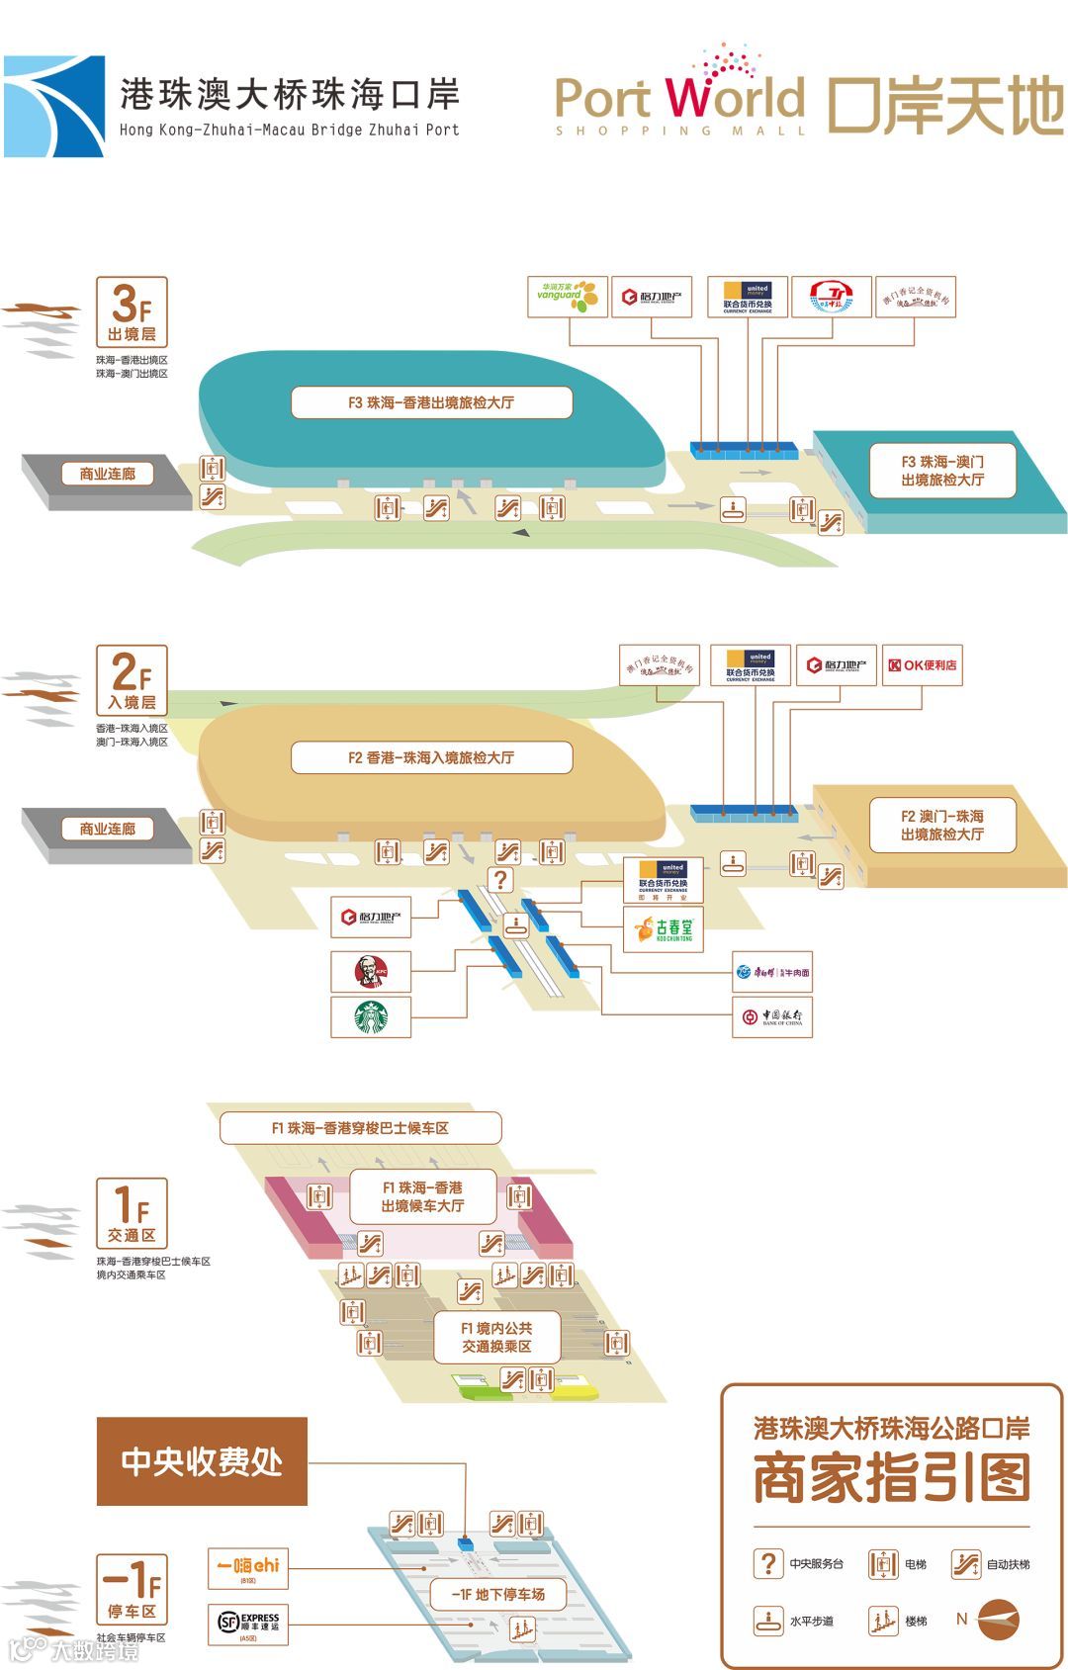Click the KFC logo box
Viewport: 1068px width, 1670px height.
point(371,972)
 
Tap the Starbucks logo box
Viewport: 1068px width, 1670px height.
point(371,1016)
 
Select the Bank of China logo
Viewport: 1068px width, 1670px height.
point(772,1016)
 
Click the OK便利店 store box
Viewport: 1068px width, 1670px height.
point(922,665)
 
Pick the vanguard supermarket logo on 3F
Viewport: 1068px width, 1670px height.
point(567,296)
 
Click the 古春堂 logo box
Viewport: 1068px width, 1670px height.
point(664,929)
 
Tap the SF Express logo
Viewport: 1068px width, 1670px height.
point(248,1624)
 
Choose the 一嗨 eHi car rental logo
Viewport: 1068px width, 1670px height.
point(248,1568)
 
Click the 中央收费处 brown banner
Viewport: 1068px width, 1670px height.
point(202,1460)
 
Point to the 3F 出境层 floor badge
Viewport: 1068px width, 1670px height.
point(132,311)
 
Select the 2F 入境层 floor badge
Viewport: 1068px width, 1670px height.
point(132,680)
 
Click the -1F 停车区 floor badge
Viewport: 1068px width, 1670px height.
point(132,1588)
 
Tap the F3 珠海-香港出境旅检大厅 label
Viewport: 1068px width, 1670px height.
point(431,402)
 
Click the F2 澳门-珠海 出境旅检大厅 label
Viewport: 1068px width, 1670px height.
point(942,826)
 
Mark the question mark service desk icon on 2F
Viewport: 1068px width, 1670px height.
point(501,879)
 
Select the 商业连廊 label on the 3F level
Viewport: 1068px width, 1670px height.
point(108,474)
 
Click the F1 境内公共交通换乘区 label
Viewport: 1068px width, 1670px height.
point(496,1337)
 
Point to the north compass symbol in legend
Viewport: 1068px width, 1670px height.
point(998,1620)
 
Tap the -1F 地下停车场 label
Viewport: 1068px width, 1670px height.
point(498,1594)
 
